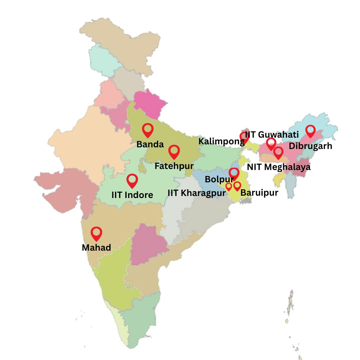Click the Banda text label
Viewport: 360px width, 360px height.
(x=150, y=144)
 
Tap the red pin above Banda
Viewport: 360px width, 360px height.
(x=148, y=130)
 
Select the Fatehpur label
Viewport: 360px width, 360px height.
(x=174, y=166)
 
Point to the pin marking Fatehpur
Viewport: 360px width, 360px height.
(x=174, y=151)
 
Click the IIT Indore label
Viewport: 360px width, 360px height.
(x=132, y=195)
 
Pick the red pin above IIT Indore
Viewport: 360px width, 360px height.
(x=132, y=180)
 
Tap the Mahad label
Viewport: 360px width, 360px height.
(x=96, y=247)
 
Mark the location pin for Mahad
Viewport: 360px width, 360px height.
(x=96, y=233)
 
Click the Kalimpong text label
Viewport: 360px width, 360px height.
(x=221, y=141)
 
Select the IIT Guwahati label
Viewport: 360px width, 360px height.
(x=272, y=135)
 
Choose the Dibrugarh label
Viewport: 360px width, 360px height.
(x=310, y=146)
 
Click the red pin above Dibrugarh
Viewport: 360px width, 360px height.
(x=310, y=131)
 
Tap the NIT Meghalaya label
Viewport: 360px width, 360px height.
(x=279, y=167)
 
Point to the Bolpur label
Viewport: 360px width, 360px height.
(x=219, y=179)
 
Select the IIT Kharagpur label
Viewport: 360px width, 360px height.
(x=196, y=193)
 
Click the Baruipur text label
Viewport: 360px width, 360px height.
(x=259, y=192)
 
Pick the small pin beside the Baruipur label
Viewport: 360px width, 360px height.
(x=237, y=186)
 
